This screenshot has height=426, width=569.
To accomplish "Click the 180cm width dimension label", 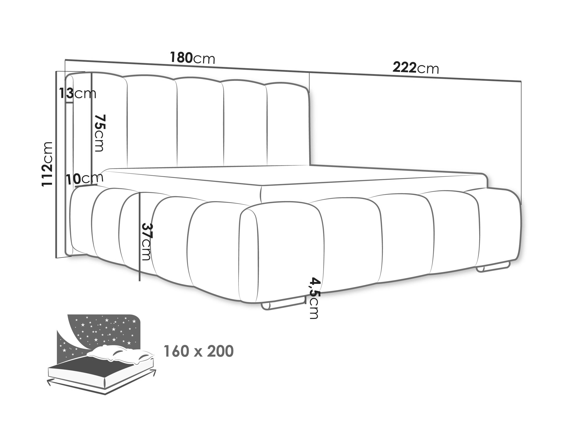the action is coord(192,58).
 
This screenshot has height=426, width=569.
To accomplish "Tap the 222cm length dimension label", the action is coord(416,68).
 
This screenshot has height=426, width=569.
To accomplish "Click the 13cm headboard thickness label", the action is coord(78,93).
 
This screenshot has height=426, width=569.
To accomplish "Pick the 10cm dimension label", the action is coord(85,179).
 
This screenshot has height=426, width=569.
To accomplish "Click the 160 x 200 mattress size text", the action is coord(199,351).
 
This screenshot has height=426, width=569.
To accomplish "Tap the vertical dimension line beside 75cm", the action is coord(91,128).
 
